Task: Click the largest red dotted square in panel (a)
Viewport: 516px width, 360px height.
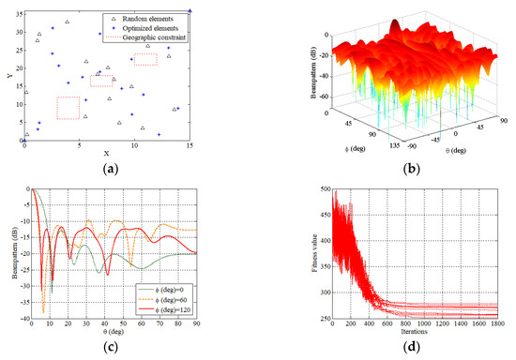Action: (68, 108)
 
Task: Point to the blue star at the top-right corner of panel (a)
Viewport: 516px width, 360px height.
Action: (190, 11)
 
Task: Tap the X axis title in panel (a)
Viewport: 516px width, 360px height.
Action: (106, 153)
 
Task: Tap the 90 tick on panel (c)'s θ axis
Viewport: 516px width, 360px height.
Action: (196, 325)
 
